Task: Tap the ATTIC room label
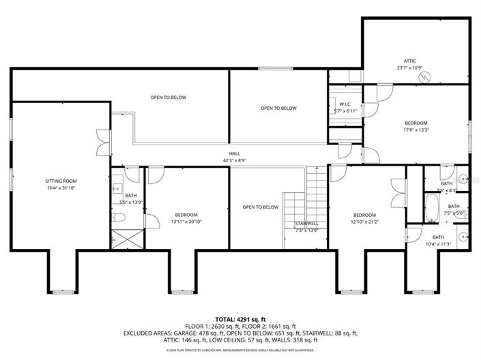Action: click(410, 61)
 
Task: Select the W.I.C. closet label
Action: click(345, 104)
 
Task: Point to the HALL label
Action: click(234, 154)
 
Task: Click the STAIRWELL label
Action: click(306, 223)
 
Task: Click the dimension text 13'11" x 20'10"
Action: click(186, 221)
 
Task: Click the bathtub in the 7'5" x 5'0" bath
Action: click(432, 209)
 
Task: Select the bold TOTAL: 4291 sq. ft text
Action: click(241, 318)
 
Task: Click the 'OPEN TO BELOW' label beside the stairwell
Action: click(260, 207)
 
